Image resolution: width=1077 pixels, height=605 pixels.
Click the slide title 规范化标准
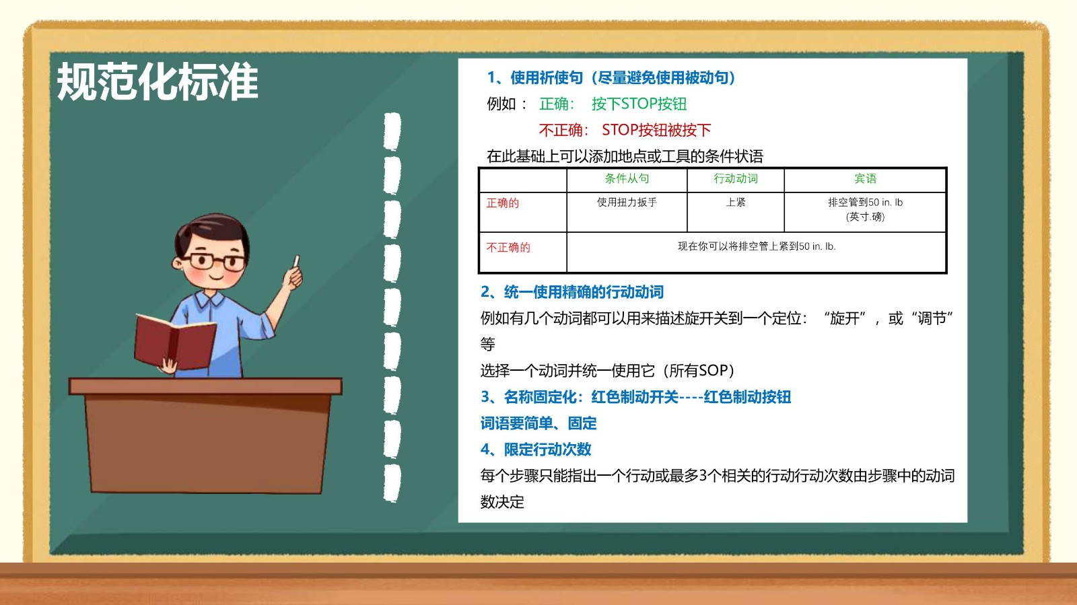(158, 81)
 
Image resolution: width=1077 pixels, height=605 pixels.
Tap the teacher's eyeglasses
(217, 261)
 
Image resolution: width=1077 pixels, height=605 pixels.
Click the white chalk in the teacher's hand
(296, 261)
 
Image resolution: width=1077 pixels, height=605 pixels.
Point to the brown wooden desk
(205, 435)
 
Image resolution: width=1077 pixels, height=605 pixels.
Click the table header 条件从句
(627, 179)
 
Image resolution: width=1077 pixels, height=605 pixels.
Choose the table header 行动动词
(736, 179)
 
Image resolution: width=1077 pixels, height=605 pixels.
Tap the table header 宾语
(866, 179)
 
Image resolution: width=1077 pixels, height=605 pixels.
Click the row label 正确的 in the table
(502, 203)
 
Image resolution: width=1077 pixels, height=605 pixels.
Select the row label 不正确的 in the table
(508, 248)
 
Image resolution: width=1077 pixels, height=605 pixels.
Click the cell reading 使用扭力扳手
(627, 203)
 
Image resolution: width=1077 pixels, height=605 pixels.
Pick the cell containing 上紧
(736, 203)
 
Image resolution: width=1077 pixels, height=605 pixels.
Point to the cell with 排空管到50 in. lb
(866, 209)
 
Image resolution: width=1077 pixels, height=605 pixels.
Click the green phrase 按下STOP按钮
(639, 104)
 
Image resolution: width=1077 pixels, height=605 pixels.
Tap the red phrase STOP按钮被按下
(656, 130)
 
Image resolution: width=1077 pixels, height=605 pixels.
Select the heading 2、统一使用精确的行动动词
(572, 291)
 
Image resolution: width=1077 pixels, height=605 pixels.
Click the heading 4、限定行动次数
(536, 450)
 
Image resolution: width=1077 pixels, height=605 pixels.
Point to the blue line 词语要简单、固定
(538, 423)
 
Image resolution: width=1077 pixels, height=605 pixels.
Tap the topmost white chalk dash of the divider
(392, 131)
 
